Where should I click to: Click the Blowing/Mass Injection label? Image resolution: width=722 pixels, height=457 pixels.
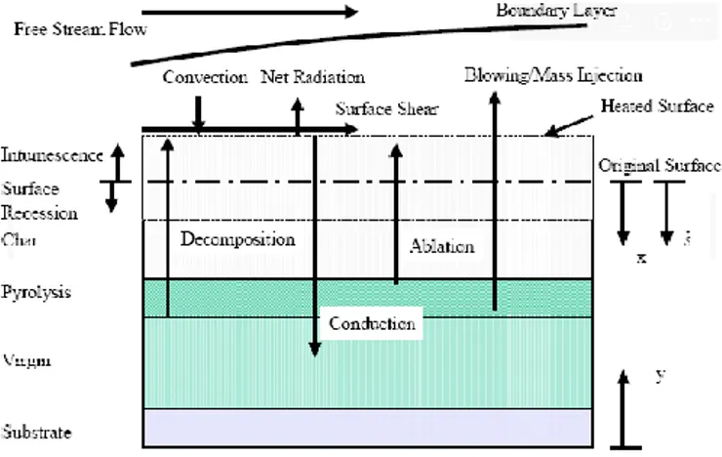click(553, 74)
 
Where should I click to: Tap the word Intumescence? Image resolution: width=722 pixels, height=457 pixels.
click(50, 154)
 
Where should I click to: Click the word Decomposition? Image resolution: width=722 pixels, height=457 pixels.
click(237, 238)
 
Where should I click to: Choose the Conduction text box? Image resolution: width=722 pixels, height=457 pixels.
click(373, 322)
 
